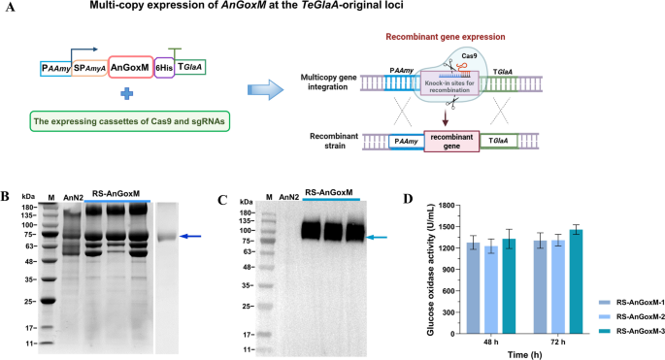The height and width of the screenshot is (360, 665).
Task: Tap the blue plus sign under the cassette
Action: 125,94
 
